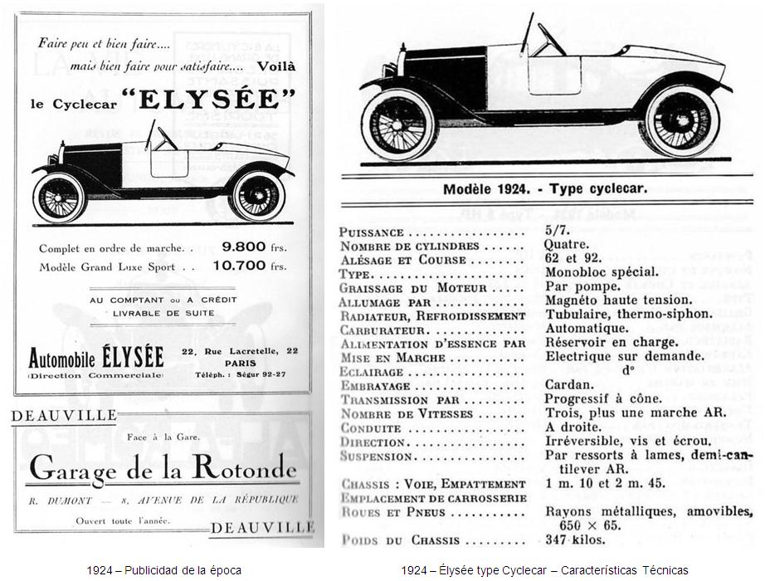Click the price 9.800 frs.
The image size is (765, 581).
(254, 247)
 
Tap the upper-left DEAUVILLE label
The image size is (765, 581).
(63, 416)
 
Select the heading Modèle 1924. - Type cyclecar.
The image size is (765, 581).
(544, 188)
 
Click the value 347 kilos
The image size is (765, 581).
(575, 539)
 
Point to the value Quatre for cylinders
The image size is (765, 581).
(566, 245)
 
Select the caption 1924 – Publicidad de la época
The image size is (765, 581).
(163, 569)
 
